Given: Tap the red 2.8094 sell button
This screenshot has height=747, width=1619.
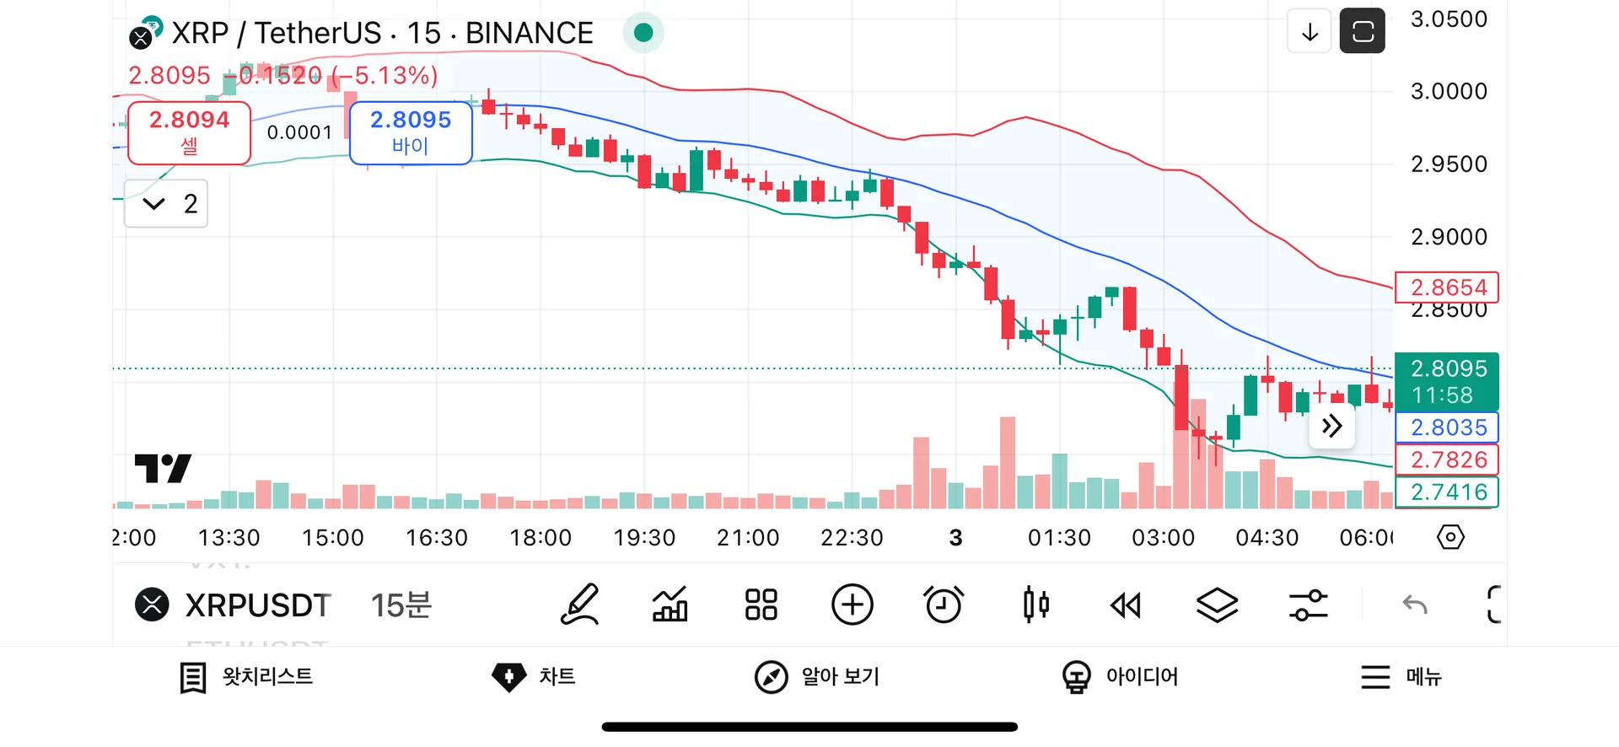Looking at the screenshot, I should (189, 132).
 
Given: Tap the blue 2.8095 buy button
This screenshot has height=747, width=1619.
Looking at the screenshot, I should (411, 132).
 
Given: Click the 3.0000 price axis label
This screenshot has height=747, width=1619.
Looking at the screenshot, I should (1449, 91).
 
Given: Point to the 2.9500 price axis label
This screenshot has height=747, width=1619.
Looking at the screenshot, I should (1449, 164).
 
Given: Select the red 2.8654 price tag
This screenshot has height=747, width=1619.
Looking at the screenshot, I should (1447, 288).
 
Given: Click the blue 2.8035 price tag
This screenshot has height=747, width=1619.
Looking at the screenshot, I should (1447, 427).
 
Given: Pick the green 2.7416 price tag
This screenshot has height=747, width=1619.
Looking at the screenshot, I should (1447, 492).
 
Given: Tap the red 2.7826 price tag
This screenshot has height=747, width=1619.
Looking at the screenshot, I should (1447, 460).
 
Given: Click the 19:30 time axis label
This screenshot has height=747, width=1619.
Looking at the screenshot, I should (644, 538).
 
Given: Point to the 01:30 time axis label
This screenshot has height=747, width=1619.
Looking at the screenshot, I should (1059, 538).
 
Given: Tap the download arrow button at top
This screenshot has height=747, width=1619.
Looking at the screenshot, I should (1310, 32).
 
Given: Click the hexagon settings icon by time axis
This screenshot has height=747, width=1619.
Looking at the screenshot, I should (1450, 537).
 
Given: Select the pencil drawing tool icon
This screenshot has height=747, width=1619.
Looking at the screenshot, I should (580, 605).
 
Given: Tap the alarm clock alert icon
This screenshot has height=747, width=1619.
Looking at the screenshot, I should (944, 605).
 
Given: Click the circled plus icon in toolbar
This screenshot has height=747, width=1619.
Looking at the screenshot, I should (853, 605).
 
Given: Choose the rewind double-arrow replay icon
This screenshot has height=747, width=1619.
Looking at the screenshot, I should (1126, 605).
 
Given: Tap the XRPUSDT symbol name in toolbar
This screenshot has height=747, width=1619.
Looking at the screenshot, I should (257, 605).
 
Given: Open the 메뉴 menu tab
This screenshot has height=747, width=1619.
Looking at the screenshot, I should (1401, 677).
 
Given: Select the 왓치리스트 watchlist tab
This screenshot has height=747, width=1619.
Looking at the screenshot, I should (247, 677).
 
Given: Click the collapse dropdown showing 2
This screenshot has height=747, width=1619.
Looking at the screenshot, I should (166, 203).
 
